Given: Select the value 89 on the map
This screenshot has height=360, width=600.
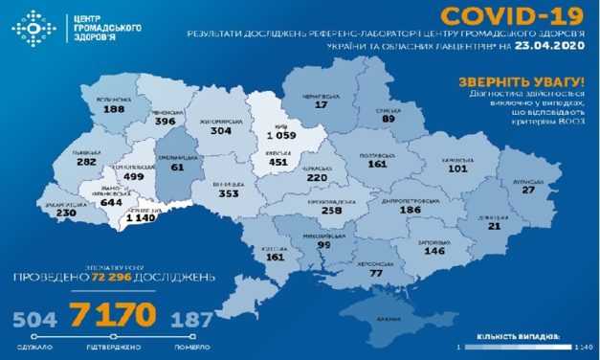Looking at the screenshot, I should (x=387, y=120).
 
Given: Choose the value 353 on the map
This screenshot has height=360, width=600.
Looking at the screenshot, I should (x=229, y=193).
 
